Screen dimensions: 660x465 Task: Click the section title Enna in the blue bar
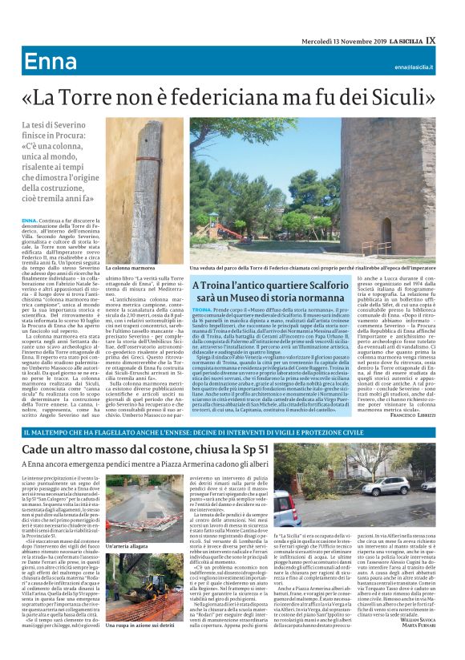46,63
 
